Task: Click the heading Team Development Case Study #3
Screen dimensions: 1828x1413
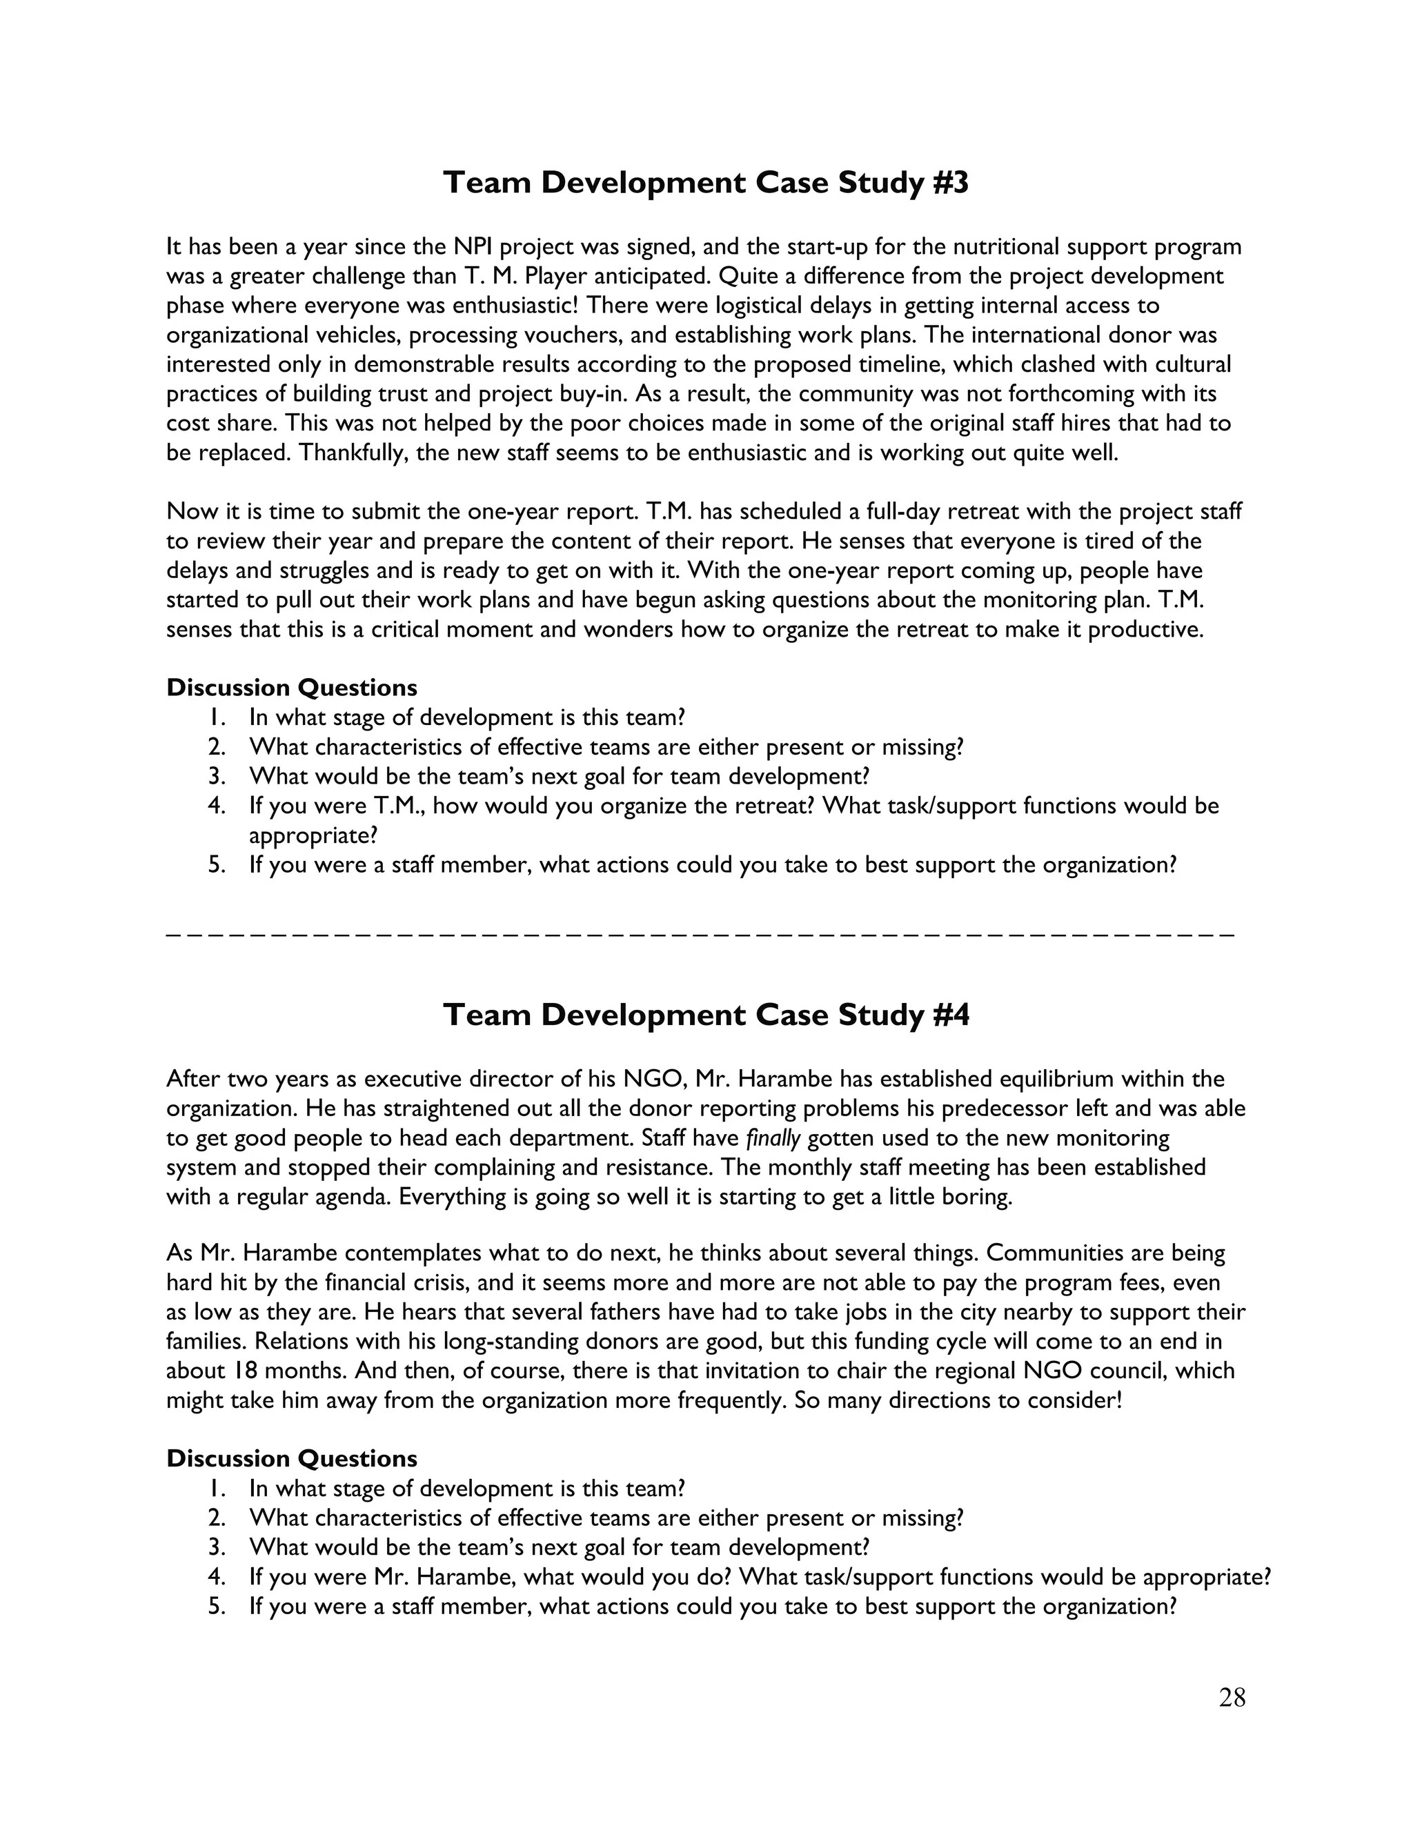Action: click(x=705, y=183)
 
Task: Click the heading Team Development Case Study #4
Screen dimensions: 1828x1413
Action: click(x=705, y=1015)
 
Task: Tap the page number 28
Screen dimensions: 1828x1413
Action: click(x=1232, y=1698)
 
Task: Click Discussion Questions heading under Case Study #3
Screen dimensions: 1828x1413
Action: click(x=291, y=688)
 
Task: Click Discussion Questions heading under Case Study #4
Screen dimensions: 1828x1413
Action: click(x=291, y=1459)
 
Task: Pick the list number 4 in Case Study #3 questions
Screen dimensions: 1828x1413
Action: click(x=216, y=806)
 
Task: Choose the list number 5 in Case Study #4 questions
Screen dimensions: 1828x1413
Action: click(x=216, y=1606)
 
